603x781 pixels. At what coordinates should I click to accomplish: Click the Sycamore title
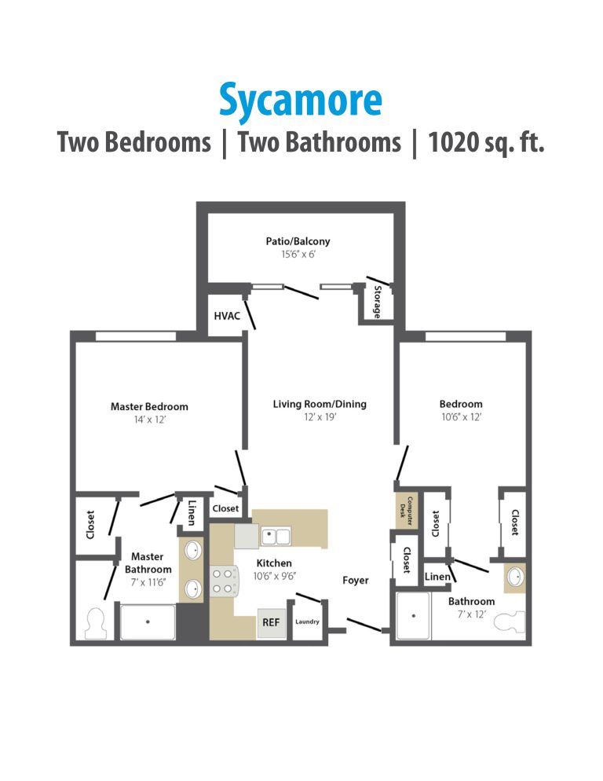(x=301, y=99)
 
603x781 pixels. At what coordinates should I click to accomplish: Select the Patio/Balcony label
(x=298, y=241)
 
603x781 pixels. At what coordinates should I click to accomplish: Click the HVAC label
(x=227, y=316)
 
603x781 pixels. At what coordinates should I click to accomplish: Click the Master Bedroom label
(x=149, y=406)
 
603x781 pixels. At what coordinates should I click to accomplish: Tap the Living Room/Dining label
(x=320, y=404)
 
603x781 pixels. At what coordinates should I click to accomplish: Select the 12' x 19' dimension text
(x=320, y=417)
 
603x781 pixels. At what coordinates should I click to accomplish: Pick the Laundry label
(x=307, y=622)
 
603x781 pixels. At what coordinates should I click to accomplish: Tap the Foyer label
(x=356, y=581)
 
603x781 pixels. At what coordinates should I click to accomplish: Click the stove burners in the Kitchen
(x=223, y=580)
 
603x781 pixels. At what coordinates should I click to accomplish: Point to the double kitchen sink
(x=276, y=537)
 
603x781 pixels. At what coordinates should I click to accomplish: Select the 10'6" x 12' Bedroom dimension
(x=461, y=417)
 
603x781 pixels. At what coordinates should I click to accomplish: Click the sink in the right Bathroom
(x=515, y=578)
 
